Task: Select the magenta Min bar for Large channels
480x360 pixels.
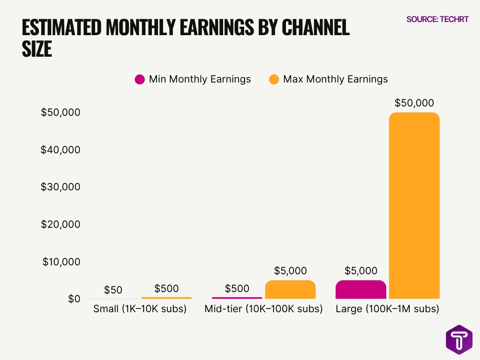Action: pos(361,290)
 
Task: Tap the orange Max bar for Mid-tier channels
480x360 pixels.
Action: pos(290,290)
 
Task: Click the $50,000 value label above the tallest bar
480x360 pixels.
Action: pos(414,103)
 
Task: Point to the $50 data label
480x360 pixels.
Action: pos(113,290)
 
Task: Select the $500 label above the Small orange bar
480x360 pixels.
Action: pos(166,288)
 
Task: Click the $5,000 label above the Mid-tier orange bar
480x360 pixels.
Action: pos(290,271)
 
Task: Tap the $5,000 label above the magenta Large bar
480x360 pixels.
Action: pos(361,271)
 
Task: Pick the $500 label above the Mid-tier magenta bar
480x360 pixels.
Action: pos(237,288)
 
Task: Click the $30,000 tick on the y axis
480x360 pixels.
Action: pos(60,187)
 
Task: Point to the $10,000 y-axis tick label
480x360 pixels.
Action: pos(61,262)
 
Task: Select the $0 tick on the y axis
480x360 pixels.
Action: pos(74,299)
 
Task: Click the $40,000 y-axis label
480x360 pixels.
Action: pos(60,150)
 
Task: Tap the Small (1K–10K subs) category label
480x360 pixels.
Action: pos(140,309)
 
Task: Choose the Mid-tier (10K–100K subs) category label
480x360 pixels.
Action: pos(263,309)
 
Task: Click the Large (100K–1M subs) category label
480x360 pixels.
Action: pos(387,309)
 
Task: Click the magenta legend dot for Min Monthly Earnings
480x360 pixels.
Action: pos(139,79)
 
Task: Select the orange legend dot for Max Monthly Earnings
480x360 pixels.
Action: pos(274,79)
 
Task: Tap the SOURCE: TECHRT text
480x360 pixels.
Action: pos(437,19)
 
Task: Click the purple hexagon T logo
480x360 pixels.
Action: pos(459,339)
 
